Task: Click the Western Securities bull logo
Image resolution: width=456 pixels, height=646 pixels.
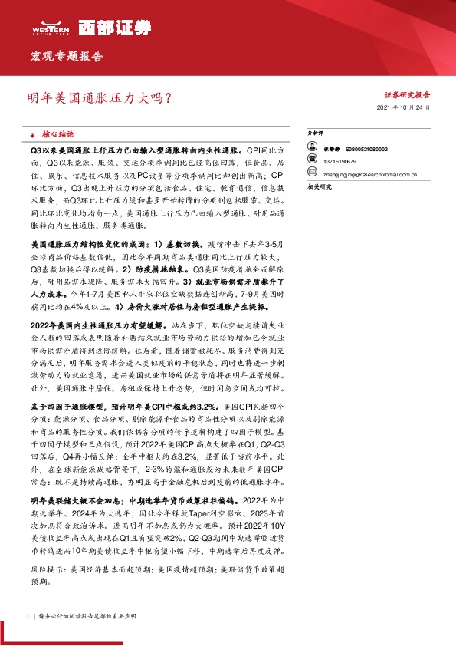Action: (50, 25)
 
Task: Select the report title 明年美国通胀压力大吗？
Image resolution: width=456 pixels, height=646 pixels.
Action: (99, 98)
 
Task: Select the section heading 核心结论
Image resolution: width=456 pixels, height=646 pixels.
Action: (58, 133)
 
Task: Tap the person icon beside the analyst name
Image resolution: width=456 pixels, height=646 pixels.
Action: (312, 149)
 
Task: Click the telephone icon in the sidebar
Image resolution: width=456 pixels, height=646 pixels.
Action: (312, 163)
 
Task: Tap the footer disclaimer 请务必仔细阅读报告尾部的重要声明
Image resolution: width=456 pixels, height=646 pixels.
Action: (80, 616)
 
